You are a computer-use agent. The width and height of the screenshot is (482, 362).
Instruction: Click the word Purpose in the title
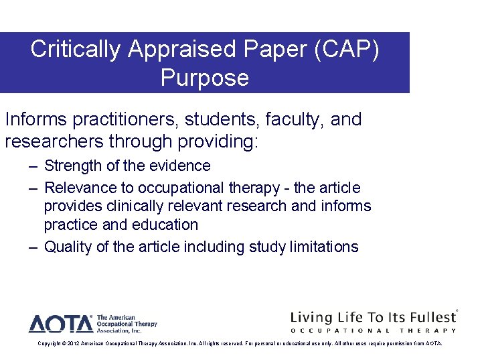[204, 78]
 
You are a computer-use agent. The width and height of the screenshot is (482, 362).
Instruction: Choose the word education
[167, 225]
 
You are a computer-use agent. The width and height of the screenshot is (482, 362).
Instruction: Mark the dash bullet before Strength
[33, 166]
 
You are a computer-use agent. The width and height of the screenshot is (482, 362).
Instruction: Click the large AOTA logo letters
[60, 324]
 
